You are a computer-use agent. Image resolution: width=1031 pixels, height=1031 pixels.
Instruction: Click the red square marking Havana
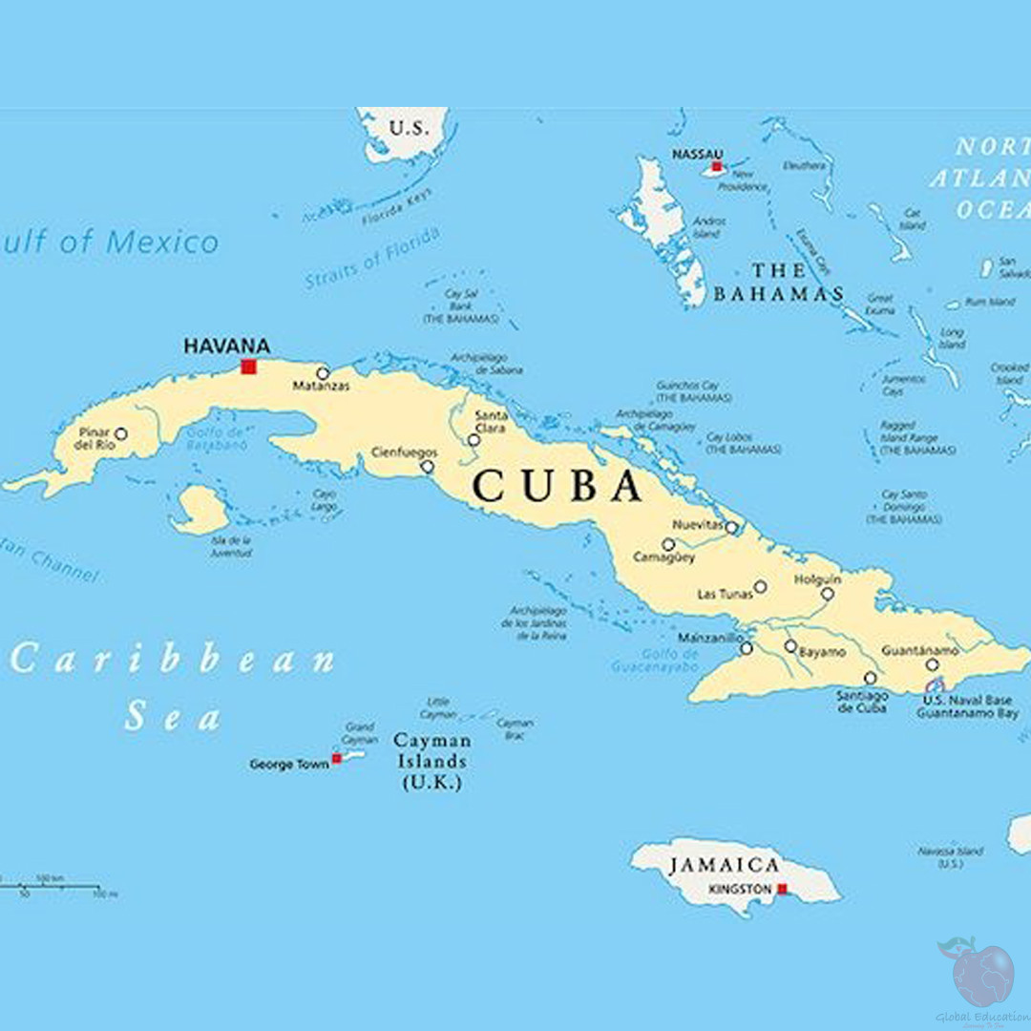click(249, 367)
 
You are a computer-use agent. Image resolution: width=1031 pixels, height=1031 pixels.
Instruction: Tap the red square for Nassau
click(716, 166)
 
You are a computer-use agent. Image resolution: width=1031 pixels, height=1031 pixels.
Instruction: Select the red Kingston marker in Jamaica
click(782, 889)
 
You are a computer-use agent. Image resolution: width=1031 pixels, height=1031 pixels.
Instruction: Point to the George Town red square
click(336, 759)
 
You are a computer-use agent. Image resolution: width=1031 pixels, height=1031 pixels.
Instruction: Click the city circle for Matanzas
click(323, 373)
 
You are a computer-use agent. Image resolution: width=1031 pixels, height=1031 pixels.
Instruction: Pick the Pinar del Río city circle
click(120, 433)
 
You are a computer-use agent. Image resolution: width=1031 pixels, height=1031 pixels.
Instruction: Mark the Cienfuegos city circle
click(427, 467)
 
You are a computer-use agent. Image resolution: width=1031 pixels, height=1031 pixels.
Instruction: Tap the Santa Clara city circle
click(473, 440)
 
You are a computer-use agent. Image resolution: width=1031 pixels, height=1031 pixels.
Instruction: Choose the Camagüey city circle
click(668, 544)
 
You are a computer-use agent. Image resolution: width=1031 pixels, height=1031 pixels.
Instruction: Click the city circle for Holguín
click(828, 594)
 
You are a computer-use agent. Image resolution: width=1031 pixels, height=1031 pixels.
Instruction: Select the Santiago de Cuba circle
click(870, 678)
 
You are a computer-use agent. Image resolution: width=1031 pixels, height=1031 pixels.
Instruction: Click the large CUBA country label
click(558, 486)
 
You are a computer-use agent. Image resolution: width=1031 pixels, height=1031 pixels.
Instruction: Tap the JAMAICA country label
click(725, 865)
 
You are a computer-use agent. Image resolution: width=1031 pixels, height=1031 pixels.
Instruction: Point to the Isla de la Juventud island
click(200, 509)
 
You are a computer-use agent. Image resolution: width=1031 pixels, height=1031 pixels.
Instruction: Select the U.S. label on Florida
click(410, 128)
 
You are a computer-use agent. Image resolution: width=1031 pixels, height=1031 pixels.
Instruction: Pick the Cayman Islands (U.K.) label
click(431, 761)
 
